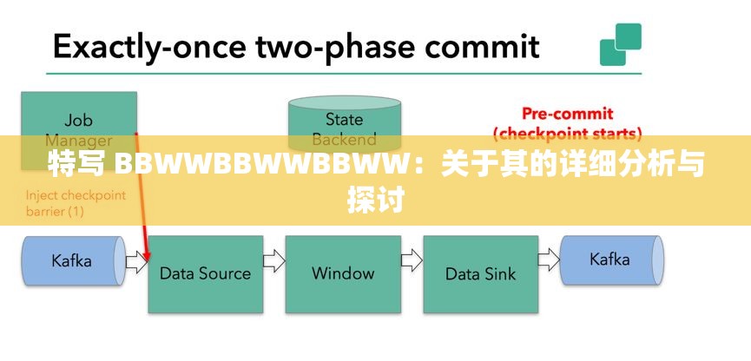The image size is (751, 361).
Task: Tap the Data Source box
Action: click(x=205, y=273)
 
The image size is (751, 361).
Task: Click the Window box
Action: click(x=343, y=273)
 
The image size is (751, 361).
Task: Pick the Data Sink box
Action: click(x=480, y=273)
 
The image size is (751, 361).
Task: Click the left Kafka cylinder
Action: click(x=72, y=259)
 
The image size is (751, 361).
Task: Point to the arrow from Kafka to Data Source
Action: click(x=136, y=260)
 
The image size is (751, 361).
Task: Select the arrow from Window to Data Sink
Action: click(x=412, y=260)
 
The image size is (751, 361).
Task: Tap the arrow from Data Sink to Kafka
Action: click(x=549, y=260)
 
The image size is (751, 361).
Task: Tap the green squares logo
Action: click(x=620, y=43)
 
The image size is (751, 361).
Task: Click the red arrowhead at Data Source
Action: click(x=147, y=255)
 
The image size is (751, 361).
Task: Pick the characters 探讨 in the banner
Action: click(x=375, y=200)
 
